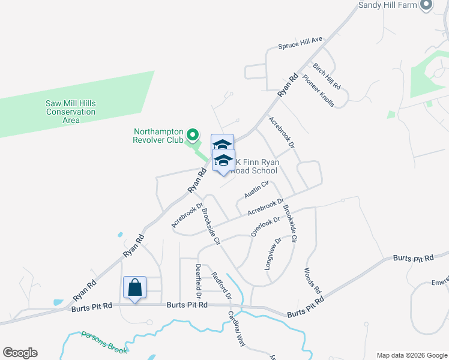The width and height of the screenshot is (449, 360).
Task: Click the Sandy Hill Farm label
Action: click(x=388, y=5)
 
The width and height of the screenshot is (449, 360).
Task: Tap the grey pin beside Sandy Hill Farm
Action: click(x=427, y=5)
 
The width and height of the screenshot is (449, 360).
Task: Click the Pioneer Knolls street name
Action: click(x=318, y=88)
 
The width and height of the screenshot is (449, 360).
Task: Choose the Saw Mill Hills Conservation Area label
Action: click(x=71, y=112)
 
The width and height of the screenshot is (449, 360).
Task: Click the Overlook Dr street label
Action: click(x=265, y=226)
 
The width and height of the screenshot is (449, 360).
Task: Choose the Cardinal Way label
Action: click(x=237, y=329)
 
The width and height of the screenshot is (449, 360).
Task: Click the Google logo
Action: click(x=20, y=353)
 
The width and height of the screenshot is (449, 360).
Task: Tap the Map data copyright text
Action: click(x=411, y=355)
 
